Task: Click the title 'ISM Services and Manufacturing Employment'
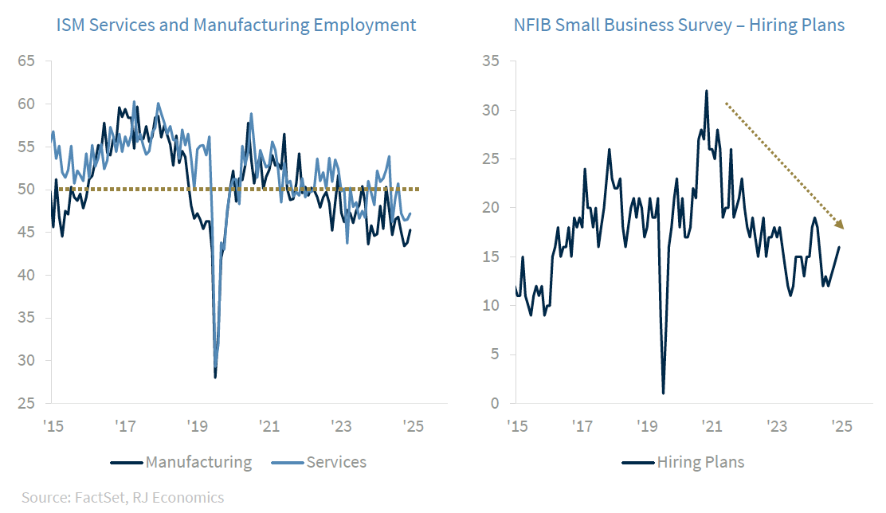click(236, 25)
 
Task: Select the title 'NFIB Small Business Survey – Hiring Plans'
click(679, 25)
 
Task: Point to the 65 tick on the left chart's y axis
click(25, 61)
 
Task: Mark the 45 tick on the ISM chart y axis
click(25, 233)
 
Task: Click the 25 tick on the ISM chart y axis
click(25, 404)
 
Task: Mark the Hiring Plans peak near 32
click(706, 91)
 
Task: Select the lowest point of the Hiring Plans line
click(663, 393)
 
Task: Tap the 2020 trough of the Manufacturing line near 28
click(215, 377)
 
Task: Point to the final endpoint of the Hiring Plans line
click(839, 247)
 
